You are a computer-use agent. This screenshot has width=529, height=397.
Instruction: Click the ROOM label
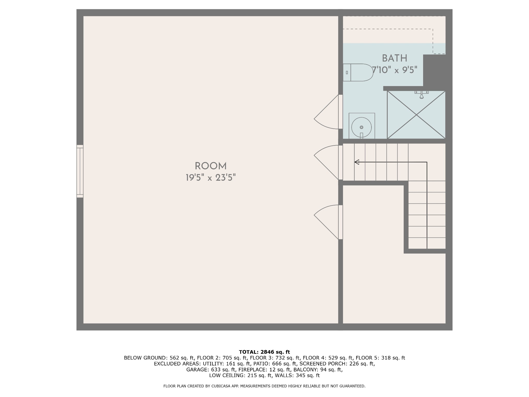[x=211, y=166]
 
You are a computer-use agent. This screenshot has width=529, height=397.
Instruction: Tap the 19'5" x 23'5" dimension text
[x=211, y=178]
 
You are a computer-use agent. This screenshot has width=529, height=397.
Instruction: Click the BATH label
[x=394, y=58]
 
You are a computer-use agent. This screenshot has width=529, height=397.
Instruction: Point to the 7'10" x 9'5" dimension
[x=395, y=70]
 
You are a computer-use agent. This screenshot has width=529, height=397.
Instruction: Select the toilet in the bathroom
[x=358, y=72]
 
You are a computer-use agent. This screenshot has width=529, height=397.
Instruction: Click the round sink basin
[x=361, y=127]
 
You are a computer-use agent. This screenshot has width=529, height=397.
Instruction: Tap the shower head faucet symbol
[x=422, y=94]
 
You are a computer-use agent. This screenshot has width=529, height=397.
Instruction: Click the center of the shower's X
[x=416, y=115]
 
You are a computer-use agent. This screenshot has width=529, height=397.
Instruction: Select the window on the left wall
[x=80, y=171]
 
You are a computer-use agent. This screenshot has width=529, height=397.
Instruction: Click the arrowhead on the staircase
[x=357, y=162]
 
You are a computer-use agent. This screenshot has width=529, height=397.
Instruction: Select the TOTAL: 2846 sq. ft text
[x=264, y=352]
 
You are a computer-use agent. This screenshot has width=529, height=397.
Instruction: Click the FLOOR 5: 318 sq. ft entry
[x=380, y=358]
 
